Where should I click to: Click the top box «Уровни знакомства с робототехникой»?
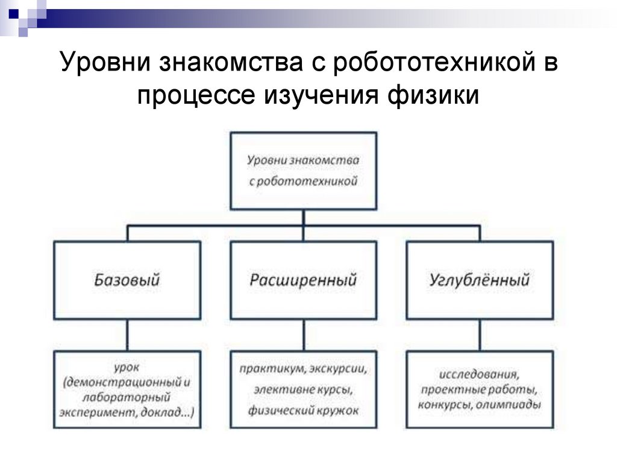[304, 171]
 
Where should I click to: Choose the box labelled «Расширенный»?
[304, 280]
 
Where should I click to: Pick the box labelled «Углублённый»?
[480, 280]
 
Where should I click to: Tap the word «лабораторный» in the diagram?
[128, 397]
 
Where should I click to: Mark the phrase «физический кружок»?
[304, 411]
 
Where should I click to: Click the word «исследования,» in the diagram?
[479, 374]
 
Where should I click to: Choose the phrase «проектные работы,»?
[479, 389]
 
